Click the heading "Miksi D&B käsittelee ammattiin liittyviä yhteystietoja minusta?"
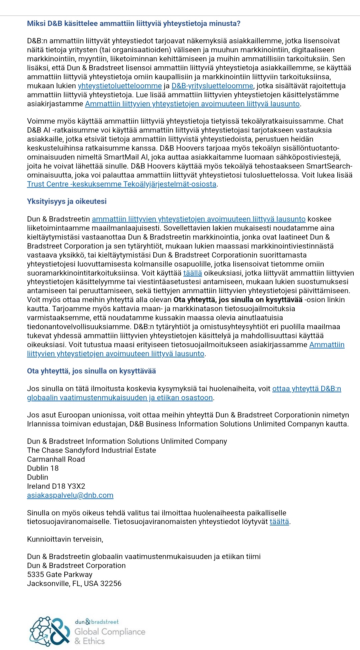tap(134, 24)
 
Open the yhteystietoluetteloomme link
tap(120, 86)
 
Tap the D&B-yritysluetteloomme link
tap(212, 86)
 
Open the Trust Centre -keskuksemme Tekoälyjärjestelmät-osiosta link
tap(122, 184)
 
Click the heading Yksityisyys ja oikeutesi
tap(67, 202)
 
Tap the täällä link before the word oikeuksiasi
tap(193, 273)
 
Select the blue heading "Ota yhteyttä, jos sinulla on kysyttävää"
tap(91, 371)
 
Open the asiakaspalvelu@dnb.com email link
tap(70, 495)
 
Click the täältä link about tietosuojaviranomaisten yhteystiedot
tap(279, 522)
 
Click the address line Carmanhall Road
tap(56, 459)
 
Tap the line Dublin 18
tap(43, 468)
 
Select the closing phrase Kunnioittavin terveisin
tap(65, 539)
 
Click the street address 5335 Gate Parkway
tap(60, 575)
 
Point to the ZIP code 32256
tap(111, 584)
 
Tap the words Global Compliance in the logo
tap(110, 632)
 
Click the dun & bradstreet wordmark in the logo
tap(97, 622)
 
